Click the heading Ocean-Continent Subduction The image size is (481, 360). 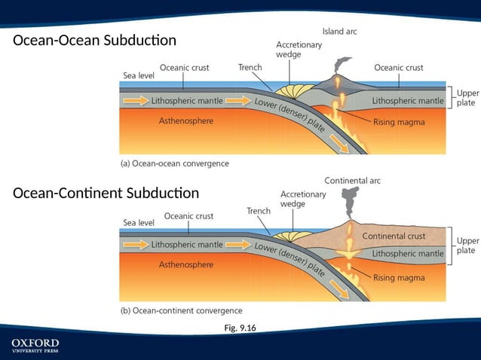[x=106, y=193]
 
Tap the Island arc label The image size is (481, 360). [x=339, y=31]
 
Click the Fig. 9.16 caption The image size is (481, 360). [x=240, y=328]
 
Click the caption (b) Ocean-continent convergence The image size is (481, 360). [x=182, y=310]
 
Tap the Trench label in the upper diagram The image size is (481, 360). [x=250, y=67]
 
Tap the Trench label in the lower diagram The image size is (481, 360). [x=259, y=211]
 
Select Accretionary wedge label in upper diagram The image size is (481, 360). [x=299, y=49]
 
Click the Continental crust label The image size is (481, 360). [x=394, y=236]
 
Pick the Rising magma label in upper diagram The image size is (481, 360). [x=399, y=121]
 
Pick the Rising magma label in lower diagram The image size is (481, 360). [x=399, y=277]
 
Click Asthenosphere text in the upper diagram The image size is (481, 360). [x=185, y=121]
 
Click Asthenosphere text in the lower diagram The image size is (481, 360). [x=185, y=264]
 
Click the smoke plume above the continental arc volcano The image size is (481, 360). [x=351, y=200]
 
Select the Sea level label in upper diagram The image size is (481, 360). [x=139, y=75]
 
